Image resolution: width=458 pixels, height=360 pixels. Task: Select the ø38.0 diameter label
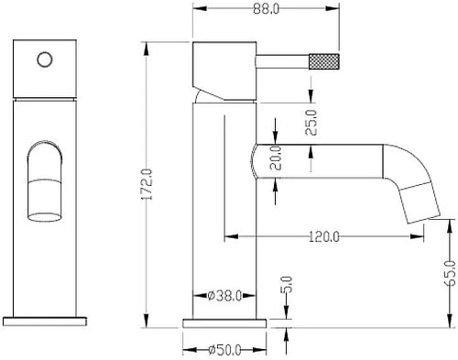point(223,295)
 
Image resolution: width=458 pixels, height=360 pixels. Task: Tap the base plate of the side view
point(225,322)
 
